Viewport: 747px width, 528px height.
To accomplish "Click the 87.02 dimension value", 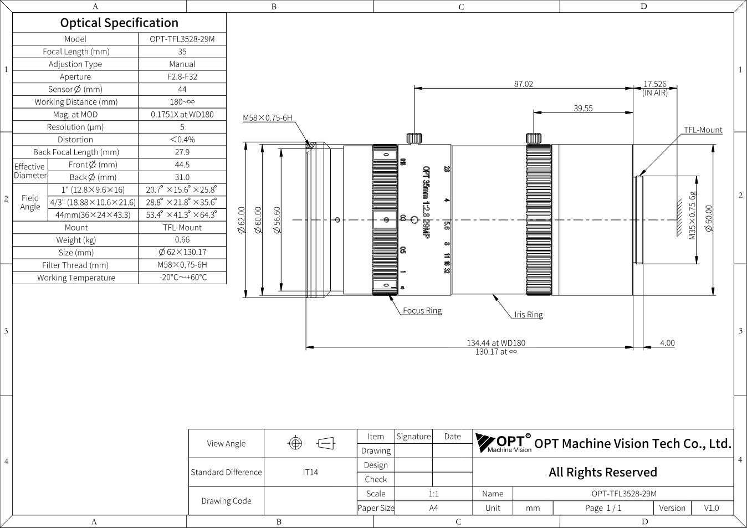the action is pos(523,84).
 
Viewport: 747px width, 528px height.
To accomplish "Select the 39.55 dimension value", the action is pos(583,109).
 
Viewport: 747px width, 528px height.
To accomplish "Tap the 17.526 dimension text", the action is pos(654,84).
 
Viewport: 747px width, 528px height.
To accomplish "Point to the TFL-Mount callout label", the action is pos(703,130).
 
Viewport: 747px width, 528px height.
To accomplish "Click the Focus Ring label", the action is pos(422,311).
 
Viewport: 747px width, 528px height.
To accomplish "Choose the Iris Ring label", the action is pos(528,315).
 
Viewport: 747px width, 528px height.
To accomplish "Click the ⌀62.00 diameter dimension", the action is pos(241,220).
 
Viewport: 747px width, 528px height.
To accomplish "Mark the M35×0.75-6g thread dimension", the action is pos(692,216).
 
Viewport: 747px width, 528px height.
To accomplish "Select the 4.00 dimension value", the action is pos(667,343).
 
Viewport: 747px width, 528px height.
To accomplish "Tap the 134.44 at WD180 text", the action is pos(495,343).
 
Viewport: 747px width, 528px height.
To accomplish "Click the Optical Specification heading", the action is pos(119,23).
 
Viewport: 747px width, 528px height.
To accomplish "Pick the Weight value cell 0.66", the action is pos(182,240).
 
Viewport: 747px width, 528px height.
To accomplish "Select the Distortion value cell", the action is pos(182,139).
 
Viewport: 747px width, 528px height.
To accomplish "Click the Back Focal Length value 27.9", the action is pos(182,152).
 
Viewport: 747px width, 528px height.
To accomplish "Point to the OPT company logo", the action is pos(503,443).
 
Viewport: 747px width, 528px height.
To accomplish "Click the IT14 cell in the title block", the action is pos(310,472).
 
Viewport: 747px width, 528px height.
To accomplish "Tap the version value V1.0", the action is pos(711,508).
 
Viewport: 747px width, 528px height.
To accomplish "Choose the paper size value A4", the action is pos(433,508).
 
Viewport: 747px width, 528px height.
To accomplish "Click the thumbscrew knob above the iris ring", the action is pos(533,138).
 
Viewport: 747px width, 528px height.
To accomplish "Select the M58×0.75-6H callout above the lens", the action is pos(268,117).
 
